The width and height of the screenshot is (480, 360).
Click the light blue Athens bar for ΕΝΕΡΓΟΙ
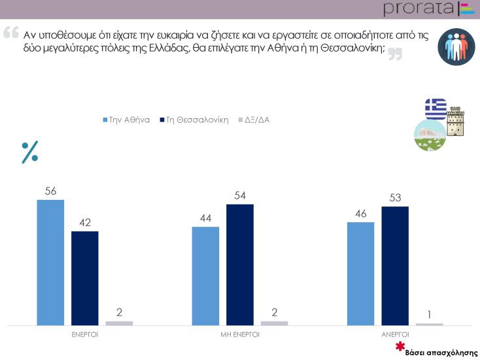(x=50, y=262)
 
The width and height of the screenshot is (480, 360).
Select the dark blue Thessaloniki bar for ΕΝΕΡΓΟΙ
(x=84, y=278)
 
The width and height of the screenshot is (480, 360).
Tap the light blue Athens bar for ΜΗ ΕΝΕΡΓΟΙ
(x=205, y=276)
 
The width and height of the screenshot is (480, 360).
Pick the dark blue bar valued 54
(x=239, y=264)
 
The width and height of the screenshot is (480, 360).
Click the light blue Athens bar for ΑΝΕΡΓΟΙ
(x=360, y=273)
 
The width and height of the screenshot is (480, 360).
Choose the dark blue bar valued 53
(x=394, y=265)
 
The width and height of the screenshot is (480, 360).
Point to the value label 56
(x=50, y=191)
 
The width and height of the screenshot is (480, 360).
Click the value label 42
(x=84, y=223)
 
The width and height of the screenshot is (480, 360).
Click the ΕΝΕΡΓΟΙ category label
(x=85, y=333)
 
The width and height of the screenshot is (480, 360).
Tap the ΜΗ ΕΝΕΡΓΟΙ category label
(x=239, y=333)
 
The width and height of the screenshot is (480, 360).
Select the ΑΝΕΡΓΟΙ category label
(x=394, y=333)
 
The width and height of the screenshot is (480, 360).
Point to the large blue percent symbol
(x=30, y=152)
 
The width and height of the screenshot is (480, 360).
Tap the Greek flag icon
(x=436, y=108)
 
